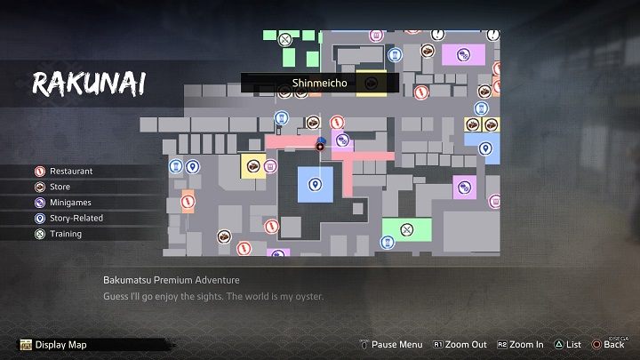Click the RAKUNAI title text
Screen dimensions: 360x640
(x=90, y=84)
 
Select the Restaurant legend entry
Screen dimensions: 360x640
(x=71, y=171)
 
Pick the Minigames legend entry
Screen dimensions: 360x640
(x=70, y=203)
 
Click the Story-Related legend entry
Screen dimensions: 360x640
(x=76, y=218)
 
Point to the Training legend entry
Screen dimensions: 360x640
(x=65, y=234)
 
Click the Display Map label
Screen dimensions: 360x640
(x=61, y=345)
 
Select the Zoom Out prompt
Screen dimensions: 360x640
(x=462, y=345)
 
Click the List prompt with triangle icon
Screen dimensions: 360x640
(x=567, y=345)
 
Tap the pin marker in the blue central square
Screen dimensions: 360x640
(x=314, y=185)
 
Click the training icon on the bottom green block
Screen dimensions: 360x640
(x=407, y=229)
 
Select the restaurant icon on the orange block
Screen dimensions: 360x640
(x=188, y=202)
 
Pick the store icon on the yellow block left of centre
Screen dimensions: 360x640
(x=252, y=165)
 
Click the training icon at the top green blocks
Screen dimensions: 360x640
(x=284, y=39)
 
